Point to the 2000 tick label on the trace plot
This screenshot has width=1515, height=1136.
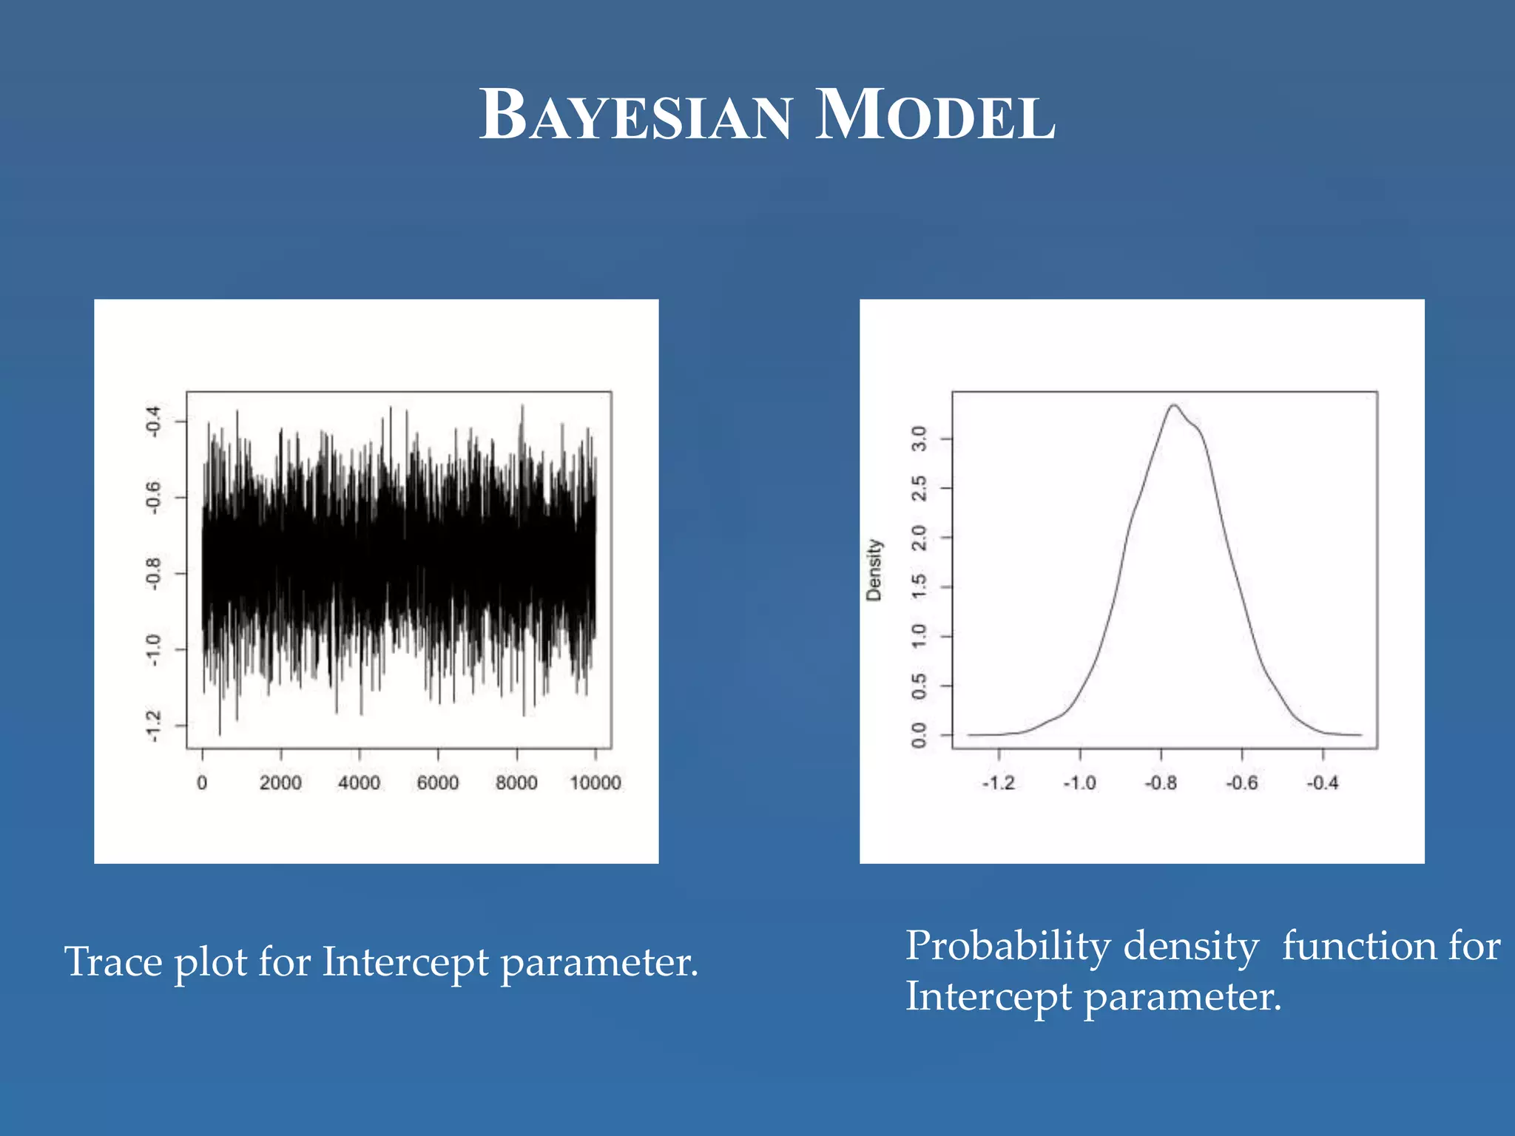pos(280,782)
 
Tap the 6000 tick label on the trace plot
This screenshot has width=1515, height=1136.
pos(438,782)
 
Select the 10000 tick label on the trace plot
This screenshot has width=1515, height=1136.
pos(595,782)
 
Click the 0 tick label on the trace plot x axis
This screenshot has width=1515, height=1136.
pos(202,782)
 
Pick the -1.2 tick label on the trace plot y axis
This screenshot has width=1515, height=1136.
pos(153,726)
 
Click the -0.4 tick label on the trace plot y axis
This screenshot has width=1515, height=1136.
pos(153,421)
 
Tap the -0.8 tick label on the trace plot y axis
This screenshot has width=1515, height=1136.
pos(153,573)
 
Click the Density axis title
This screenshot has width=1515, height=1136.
pos(874,569)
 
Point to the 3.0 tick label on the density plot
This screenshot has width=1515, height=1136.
pos(919,439)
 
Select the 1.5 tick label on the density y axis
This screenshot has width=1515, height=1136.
pos(919,586)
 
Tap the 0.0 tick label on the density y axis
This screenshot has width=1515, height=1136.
pos(919,735)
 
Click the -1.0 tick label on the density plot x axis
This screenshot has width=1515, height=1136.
pos(1079,782)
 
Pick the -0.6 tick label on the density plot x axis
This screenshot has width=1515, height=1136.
pos(1241,782)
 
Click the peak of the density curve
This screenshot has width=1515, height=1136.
pos(1173,405)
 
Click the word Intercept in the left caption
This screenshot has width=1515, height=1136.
pos(405,963)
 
